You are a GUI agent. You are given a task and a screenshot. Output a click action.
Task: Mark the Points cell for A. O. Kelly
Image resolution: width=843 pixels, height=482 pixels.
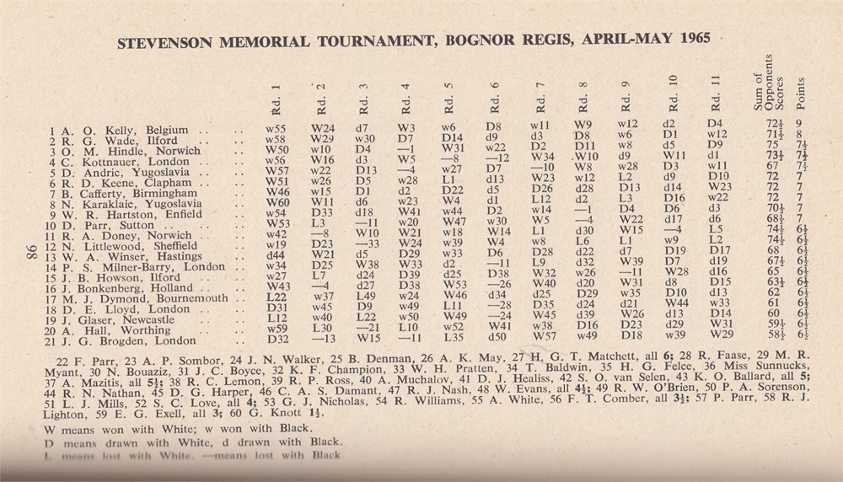(800, 131)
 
